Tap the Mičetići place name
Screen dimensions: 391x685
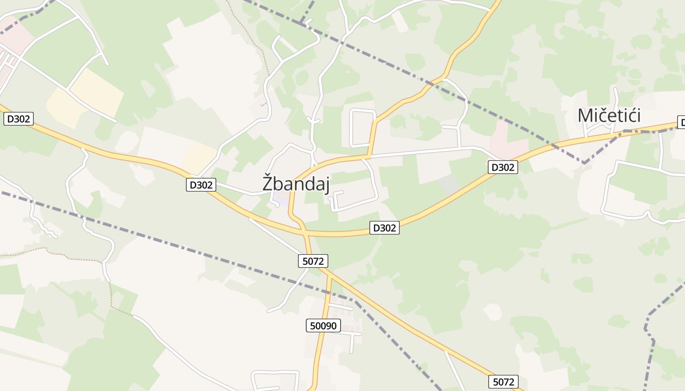pos(609,116)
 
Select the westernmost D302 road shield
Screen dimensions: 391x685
pos(19,119)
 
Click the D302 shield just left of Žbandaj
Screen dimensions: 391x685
pos(201,185)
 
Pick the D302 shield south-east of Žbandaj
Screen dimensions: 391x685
pos(384,228)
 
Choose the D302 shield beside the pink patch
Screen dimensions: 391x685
pos(503,168)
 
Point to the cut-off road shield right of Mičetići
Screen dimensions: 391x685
pos(681,122)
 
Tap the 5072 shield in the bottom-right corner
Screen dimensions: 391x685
pos(503,382)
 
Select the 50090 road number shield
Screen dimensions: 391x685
pos(323,326)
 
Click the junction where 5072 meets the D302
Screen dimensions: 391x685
pos(306,234)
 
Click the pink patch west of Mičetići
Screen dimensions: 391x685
pos(509,137)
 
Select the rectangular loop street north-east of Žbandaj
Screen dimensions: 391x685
pos(363,128)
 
